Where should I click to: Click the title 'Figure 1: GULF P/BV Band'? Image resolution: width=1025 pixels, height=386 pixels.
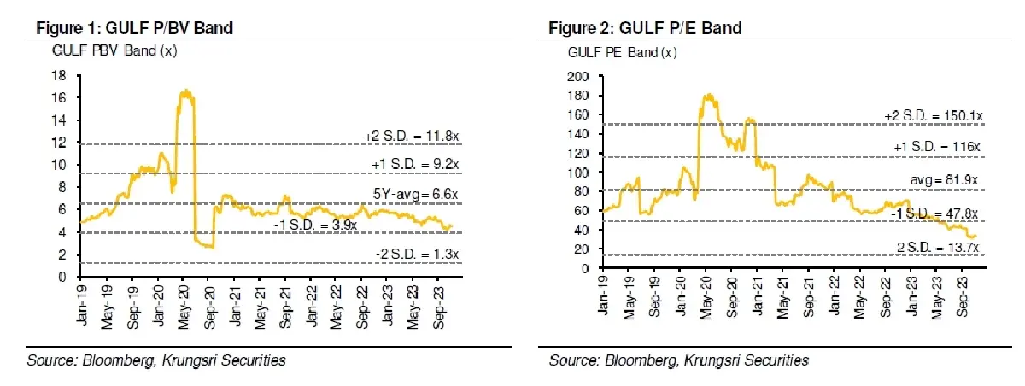[x=134, y=28]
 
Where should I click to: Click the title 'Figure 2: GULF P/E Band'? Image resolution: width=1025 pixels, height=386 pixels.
[x=646, y=28]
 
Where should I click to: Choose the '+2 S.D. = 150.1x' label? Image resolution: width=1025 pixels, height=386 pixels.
[x=929, y=114]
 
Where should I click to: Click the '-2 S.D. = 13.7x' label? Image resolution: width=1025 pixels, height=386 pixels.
[x=934, y=247]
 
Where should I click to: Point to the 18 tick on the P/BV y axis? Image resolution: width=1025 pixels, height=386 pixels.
[x=61, y=75]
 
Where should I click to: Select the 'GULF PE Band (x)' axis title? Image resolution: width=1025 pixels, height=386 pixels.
[x=622, y=52]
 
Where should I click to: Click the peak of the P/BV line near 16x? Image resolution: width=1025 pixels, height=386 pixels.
[x=184, y=91]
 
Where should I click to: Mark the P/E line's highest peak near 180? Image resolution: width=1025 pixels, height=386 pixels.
[x=707, y=95]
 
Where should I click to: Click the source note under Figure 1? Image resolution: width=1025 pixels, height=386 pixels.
[x=157, y=360]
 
